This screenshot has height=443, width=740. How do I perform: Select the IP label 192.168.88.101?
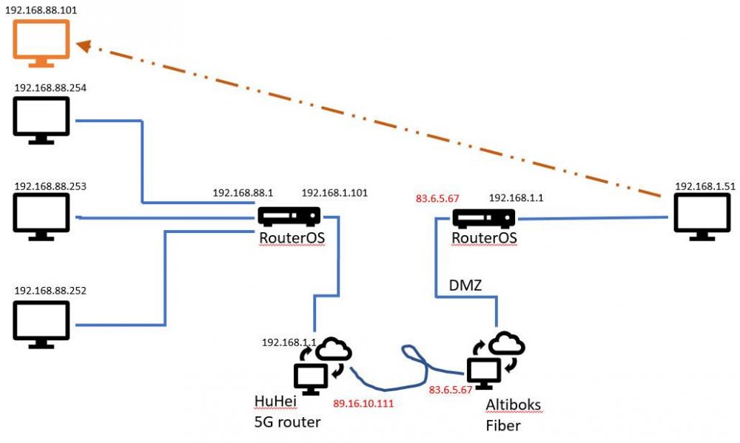click(45, 10)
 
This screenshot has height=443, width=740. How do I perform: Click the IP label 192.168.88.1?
click(243, 194)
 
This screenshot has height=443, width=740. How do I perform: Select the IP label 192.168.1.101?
click(334, 194)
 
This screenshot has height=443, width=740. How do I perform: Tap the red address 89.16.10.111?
click(363, 404)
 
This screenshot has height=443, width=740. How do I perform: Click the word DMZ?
click(465, 285)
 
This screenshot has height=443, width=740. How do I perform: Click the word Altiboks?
click(513, 405)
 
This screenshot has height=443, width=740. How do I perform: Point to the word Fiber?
click(503, 426)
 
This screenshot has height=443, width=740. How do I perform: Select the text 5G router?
click(287, 422)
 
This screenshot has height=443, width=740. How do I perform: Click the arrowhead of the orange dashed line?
click(84, 47)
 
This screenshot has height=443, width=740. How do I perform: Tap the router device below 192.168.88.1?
click(289, 217)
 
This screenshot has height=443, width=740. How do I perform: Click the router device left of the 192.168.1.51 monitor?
click(484, 219)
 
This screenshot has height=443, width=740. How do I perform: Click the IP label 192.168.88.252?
click(50, 291)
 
